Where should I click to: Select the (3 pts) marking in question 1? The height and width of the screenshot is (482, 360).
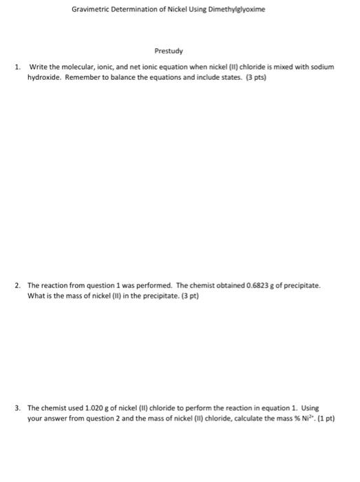pyautogui.click(x=255, y=77)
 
